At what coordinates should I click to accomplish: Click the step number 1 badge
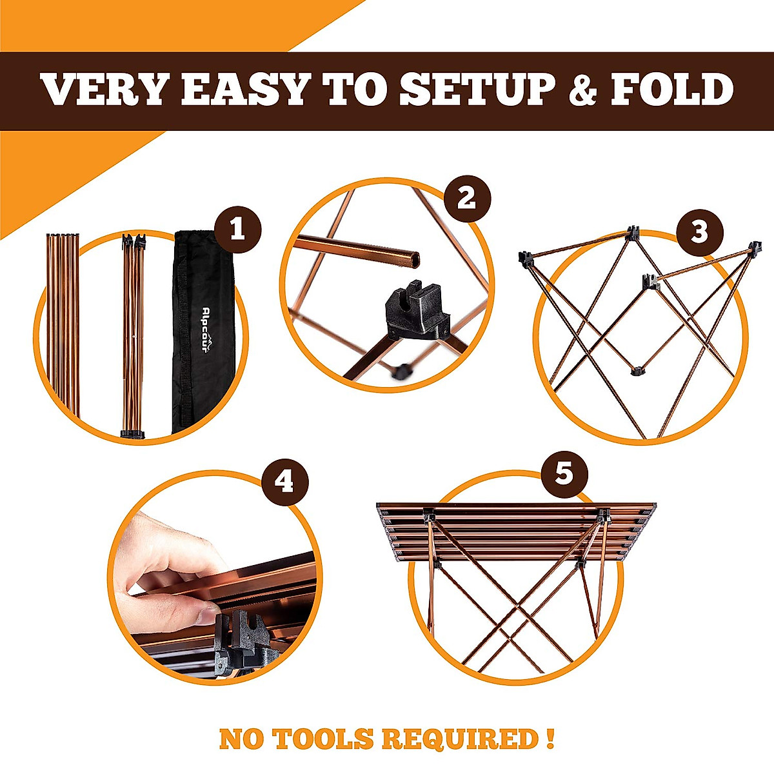click(x=237, y=230)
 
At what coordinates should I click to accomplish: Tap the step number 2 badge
click(x=467, y=198)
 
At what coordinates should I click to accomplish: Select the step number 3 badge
click(x=699, y=232)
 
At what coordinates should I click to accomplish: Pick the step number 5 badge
click(x=564, y=475)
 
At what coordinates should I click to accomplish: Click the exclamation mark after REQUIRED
click(x=548, y=739)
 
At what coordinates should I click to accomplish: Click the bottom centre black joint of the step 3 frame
click(x=637, y=370)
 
